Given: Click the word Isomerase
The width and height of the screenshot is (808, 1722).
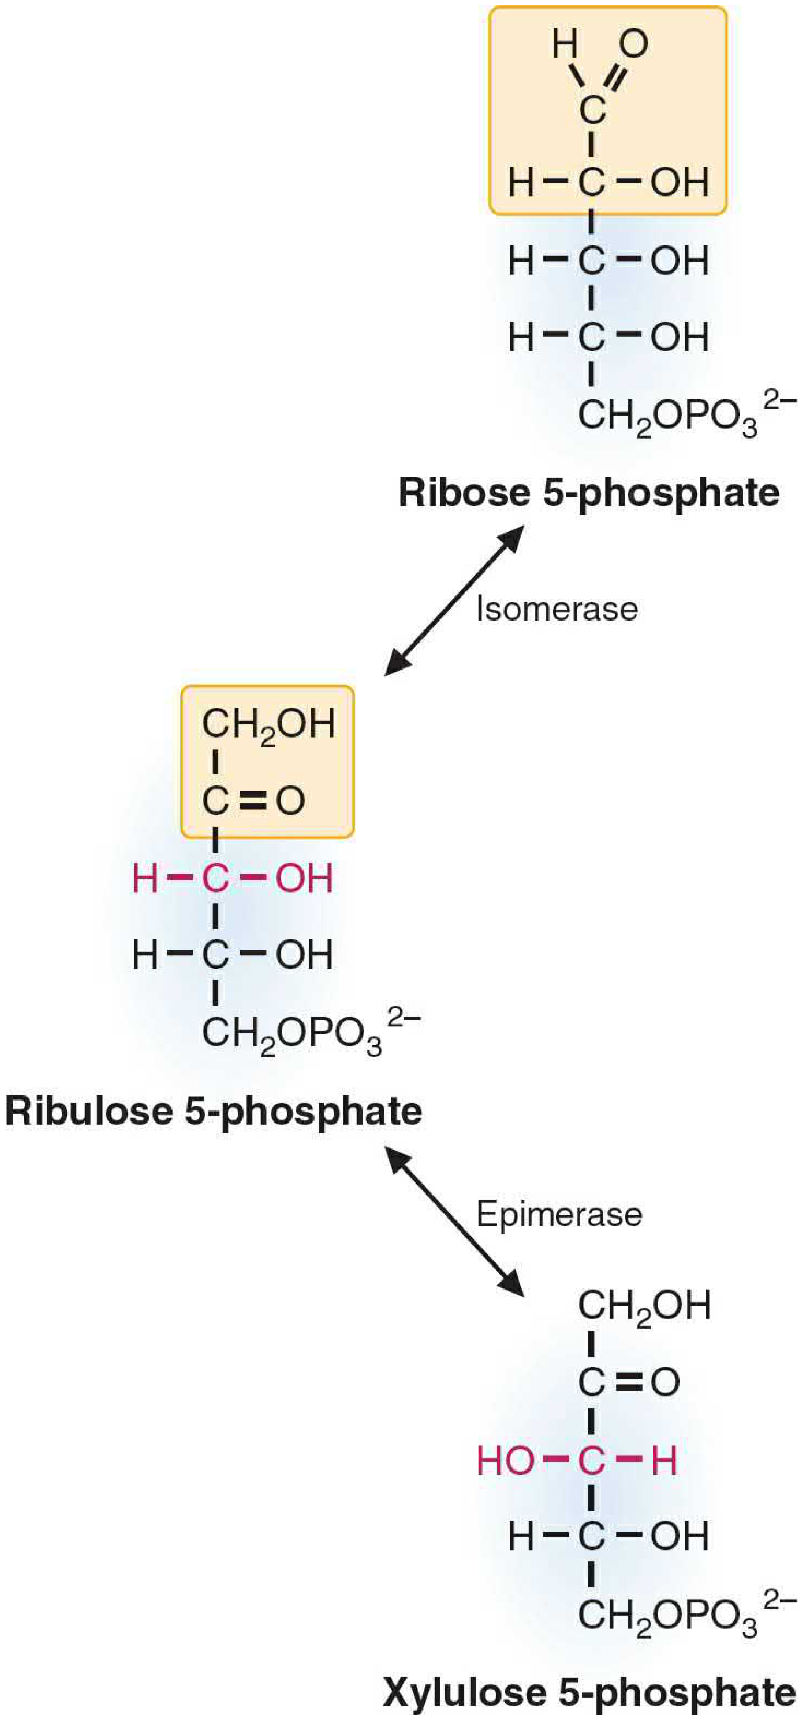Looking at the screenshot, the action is (557, 609).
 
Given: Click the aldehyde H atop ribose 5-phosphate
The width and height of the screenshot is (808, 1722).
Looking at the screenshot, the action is (565, 44).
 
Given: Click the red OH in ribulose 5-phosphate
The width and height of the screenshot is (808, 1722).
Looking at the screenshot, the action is (304, 878).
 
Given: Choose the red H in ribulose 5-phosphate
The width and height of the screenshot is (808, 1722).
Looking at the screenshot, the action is (145, 878).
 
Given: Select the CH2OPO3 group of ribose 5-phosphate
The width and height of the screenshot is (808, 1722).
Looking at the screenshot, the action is (687, 416).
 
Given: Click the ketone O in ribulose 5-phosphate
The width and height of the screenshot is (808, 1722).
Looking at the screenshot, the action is (291, 800).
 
